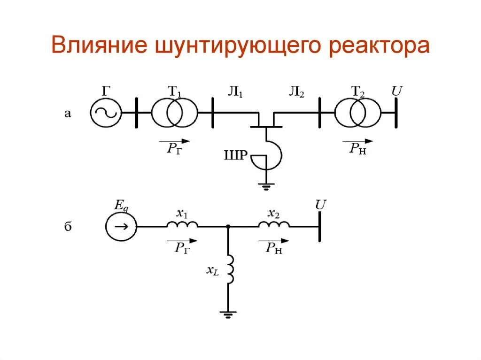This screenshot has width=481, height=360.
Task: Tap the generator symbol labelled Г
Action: [105, 113]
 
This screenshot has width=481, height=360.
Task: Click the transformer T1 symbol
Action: [174, 113]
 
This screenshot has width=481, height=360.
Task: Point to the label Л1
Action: [235, 92]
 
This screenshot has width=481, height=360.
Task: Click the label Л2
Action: [297, 92]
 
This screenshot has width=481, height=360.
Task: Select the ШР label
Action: [236, 155]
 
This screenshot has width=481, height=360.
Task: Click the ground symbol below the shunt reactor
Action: [266, 186]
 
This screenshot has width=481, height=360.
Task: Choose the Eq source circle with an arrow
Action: [121, 227]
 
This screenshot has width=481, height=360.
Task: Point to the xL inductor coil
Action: [230, 269]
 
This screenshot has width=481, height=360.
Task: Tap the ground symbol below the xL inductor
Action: [228, 314]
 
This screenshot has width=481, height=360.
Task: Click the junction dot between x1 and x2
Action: [228, 227]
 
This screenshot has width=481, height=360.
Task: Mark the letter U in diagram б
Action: [321, 205]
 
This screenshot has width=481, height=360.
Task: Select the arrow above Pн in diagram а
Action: [357, 141]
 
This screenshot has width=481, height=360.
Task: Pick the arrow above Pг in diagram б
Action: [182, 240]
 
